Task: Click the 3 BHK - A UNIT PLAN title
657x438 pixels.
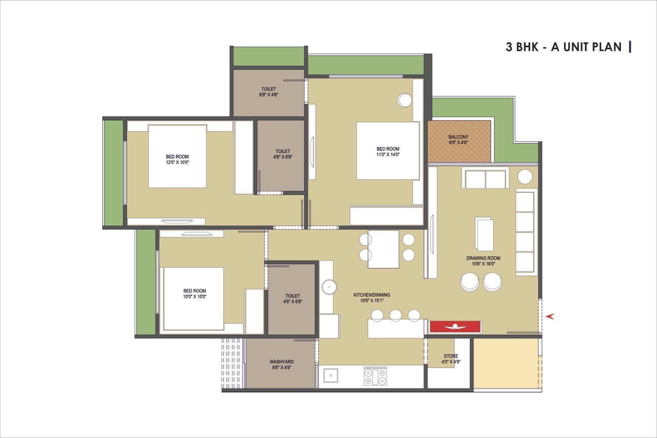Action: [x=563, y=47]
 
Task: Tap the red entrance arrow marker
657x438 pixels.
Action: [x=550, y=316]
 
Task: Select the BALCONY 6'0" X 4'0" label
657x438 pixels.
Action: [x=458, y=139]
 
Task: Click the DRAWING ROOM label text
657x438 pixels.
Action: [x=483, y=258]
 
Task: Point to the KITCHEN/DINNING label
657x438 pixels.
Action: [x=372, y=295]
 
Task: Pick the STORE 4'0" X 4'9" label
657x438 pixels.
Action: [x=451, y=359]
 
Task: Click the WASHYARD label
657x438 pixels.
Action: [x=281, y=362]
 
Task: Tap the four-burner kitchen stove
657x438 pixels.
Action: [x=375, y=376]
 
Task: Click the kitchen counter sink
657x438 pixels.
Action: [x=331, y=376]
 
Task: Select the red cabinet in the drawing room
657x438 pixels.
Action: [x=455, y=327]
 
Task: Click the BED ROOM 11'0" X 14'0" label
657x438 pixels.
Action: [x=388, y=152]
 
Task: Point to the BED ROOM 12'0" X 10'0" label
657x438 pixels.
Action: [x=177, y=159]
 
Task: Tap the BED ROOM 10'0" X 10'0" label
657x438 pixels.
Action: [x=195, y=294]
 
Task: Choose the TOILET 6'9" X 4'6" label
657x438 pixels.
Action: [x=268, y=92]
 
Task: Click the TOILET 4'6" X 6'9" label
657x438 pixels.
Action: [x=283, y=154]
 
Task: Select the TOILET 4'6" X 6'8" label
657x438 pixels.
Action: [x=293, y=299]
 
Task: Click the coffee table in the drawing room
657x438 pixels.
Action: [x=484, y=234]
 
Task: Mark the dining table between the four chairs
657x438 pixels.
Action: [x=383, y=249]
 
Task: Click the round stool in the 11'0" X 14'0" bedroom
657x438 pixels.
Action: [x=405, y=100]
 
